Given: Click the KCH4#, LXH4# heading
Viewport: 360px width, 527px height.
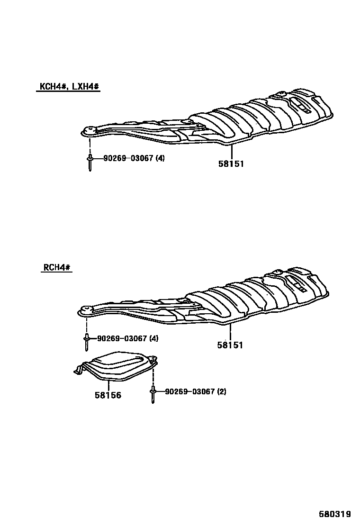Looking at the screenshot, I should [68, 87].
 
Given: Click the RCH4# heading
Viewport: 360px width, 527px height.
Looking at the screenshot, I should [56, 267].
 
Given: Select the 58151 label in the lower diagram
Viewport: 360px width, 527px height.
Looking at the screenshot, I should [230, 345].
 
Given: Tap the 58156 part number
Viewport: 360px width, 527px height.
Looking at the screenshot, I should [108, 395].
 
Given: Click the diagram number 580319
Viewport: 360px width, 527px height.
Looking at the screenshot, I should [334, 514].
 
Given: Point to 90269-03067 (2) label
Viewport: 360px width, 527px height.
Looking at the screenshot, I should [196, 392].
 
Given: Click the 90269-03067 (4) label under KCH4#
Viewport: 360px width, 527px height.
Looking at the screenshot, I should [134, 158].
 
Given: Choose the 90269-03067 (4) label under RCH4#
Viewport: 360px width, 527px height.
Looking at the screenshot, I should [128, 338].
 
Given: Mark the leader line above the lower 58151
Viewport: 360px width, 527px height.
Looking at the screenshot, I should [230, 333].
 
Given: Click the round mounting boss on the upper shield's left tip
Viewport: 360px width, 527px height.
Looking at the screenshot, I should [88, 130].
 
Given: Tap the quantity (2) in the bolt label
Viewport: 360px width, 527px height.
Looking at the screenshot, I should [221, 392].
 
